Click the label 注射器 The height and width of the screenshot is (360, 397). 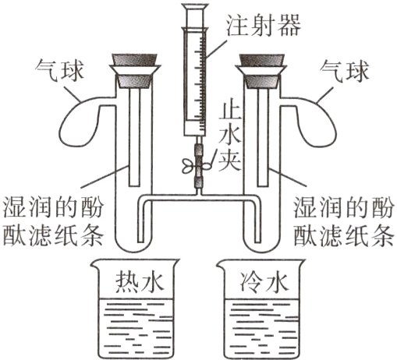coord(263,25)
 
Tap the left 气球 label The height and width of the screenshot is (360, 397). coord(60,70)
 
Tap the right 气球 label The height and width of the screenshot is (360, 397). coord(344,70)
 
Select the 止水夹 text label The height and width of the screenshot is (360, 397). coord(229,137)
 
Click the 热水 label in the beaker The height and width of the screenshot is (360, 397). coord(140,282)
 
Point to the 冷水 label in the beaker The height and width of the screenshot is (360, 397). coord(264,282)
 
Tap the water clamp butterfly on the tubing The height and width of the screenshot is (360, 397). coord(197,166)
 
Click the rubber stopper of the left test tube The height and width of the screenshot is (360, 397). coord(134,71)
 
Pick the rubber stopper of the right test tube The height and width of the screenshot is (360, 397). coord(261,71)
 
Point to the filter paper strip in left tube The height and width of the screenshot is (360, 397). coord(134,137)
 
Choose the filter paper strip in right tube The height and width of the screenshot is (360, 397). coord(263,137)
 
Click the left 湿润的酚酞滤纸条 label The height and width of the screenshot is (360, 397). coord(53,221)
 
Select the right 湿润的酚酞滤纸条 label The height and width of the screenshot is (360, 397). coord(343,221)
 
